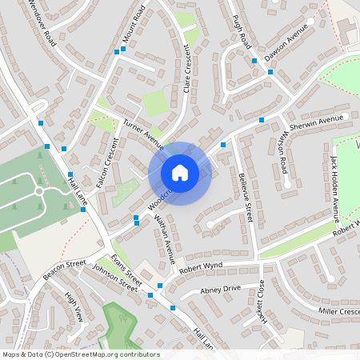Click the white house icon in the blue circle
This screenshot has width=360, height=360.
[180, 173]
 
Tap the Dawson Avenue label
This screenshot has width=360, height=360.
[286, 49]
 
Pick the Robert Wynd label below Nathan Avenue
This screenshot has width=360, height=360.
[200, 267]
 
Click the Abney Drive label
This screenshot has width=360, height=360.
[220, 289]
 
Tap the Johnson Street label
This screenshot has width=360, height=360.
[117, 276]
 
